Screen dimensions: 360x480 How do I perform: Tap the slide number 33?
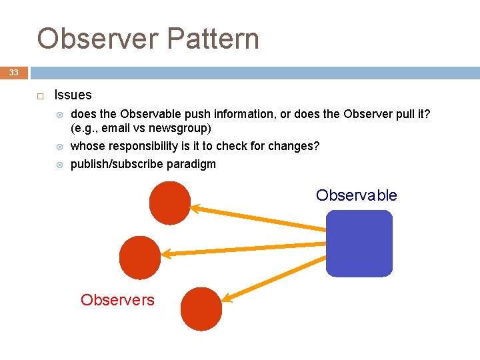14,73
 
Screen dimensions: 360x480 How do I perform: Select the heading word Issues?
73,95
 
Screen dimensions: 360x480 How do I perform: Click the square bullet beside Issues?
39,96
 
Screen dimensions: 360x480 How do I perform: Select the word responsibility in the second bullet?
143,146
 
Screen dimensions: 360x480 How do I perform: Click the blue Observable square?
359,243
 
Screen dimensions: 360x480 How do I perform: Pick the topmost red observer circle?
170,203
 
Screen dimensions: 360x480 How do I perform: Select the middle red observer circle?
140,257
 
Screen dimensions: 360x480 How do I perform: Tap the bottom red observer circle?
201,309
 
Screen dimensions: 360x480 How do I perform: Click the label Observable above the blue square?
356,195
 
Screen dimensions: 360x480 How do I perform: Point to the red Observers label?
117,300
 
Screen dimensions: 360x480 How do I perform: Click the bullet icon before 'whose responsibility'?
59,147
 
